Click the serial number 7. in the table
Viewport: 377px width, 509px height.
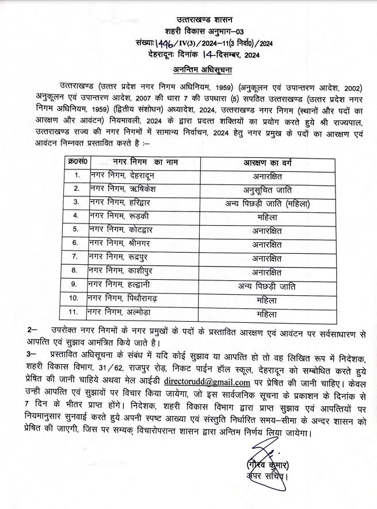[x=74, y=256]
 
